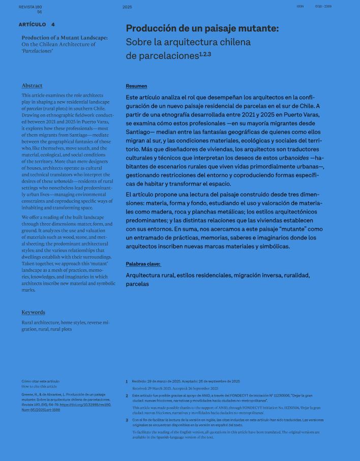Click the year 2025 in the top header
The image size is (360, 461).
127,7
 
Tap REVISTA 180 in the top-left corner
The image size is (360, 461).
30,7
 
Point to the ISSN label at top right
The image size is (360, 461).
299,7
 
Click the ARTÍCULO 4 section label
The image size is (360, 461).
37,24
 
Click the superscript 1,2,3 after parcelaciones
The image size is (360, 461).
205,54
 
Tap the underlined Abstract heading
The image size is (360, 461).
32,85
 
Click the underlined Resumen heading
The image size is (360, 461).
136,86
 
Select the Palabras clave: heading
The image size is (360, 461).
143,264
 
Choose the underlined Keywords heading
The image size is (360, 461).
33,312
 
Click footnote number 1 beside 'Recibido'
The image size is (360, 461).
127,381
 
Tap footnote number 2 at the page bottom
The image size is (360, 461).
127,395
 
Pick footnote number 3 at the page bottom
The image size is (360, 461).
127,420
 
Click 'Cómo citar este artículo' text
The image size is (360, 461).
40,381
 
